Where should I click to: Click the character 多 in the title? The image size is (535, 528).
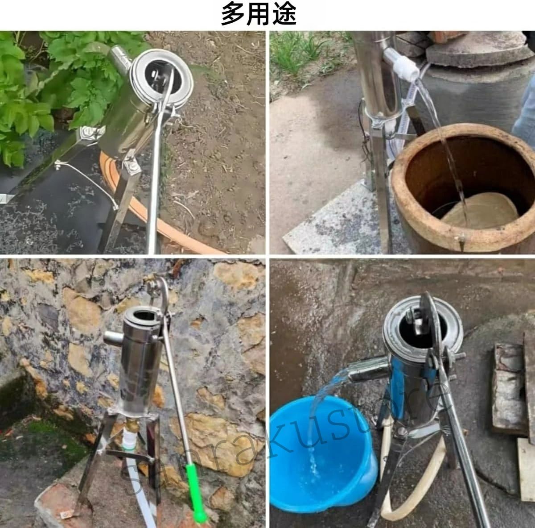[233, 13]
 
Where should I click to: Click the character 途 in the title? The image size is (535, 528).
[284, 13]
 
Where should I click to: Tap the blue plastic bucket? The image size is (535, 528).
[322, 456]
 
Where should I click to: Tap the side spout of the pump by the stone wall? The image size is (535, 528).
[114, 337]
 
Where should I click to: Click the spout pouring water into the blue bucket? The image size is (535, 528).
[367, 370]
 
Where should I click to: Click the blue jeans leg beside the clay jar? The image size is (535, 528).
[525, 111]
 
